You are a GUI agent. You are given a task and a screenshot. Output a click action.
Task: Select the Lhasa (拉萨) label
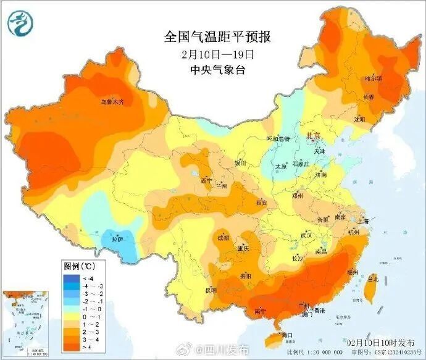(118, 238)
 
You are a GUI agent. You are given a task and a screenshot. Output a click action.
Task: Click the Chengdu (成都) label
(223, 237)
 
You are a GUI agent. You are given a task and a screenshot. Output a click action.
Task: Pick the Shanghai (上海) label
(362, 221)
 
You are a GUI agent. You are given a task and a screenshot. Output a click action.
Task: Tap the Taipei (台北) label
(372, 278)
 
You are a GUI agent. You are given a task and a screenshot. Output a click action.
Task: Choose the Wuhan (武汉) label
(307, 235)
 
